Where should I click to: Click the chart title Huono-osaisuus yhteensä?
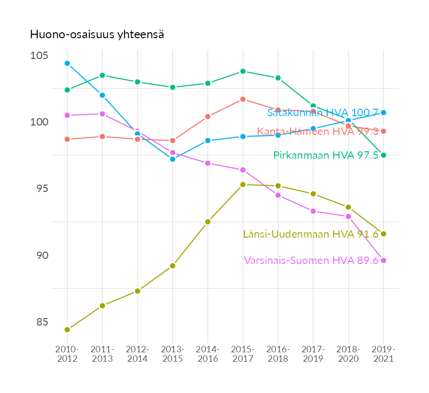(97, 35)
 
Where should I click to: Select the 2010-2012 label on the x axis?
(67, 354)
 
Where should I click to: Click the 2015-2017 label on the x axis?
(243, 354)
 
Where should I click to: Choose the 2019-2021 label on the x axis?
(383, 354)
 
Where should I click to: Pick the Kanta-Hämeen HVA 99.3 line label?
(318, 131)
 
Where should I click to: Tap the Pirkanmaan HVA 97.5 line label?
(326, 155)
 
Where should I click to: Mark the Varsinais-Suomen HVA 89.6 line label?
(311, 261)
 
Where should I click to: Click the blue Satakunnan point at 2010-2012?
(67, 63)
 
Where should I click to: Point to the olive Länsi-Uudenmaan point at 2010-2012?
(67, 329)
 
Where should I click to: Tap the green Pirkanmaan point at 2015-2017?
(243, 71)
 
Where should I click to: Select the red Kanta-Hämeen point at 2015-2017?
(243, 99)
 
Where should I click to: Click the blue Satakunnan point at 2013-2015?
(173, 159)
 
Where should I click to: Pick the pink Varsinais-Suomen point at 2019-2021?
(383, 261)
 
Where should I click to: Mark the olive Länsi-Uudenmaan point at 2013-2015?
(173, 265)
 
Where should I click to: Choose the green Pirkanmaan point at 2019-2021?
(383, 155)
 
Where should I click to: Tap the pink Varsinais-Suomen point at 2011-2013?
(102, 114)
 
